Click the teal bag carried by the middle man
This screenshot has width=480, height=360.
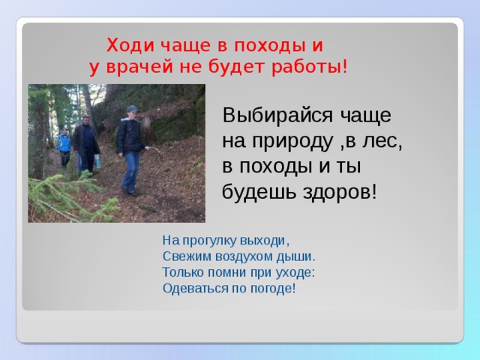[97, 160]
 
